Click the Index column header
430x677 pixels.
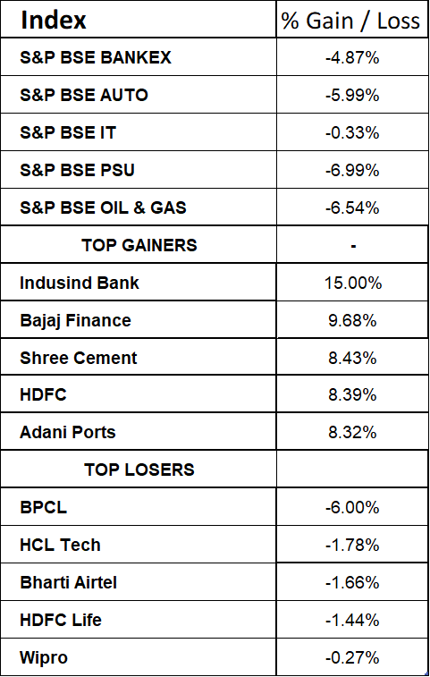pyautogui.click(x=53, y=20)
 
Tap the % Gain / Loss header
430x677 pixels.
pyautogui.click(x=350, y=21)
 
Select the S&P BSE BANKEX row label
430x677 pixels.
pyautogui.click(x=96, y=57)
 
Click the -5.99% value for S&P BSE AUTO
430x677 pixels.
pyautogui.click(x=352, y=95)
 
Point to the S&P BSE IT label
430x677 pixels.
pyautogui.click(x=68, y=132)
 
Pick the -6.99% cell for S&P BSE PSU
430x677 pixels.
pyautogui.click(x=352, y=170)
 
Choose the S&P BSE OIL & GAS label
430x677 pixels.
pyautogui.click(x=103, y=207)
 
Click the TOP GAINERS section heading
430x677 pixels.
pyautogui.click(x=139, y=245)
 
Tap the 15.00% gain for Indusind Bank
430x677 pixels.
pyautogui.click(x=353, y=283)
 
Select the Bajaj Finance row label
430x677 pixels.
pyautogui.click(x=75, y=321)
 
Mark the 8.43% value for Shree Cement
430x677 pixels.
pyautogui.click(x=352, y=358)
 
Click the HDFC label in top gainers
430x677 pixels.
pyautogui.click(x=43, y=395)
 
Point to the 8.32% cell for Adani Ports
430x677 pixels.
pyautogui.click(x=352, y=432)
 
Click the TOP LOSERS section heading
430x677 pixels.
pyautogui.click(x=139, y=470)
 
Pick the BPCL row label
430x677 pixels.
pyautogui.click(x=43, y=507)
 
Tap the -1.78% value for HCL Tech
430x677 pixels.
pyautogui.click(x=352, y=545)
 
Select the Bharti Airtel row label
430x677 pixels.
pyautogui.click(x=68, y=582)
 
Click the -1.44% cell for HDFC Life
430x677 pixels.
pyautogui.click(x=352, y=620)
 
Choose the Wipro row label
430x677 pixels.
pyautogui.click(x=44, y=657)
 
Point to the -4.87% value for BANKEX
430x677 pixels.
pyautogui.click(x=352, y=57)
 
